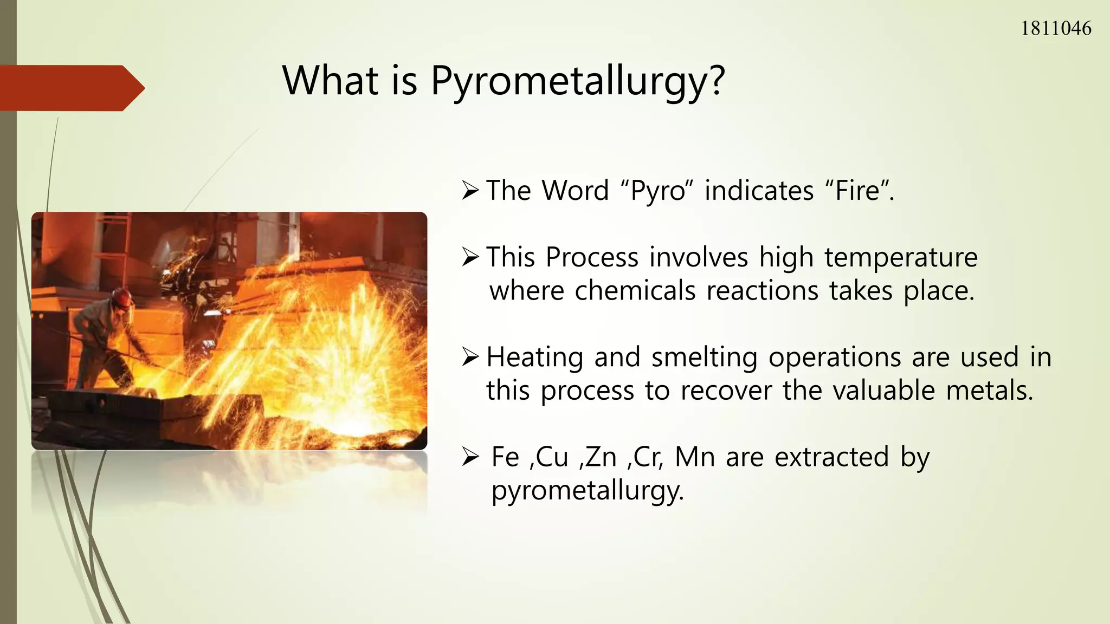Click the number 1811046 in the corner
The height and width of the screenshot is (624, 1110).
(x=1055, y=28)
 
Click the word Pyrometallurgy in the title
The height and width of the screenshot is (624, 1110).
(x=577, y=81)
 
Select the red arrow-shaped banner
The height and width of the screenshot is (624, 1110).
(x=70, y=88)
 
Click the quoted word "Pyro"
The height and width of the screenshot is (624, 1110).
(x=656, y=191)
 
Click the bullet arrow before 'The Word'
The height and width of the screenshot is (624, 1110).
(x=470, y=191)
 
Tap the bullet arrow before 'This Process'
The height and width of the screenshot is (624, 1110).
(x=470, y=257)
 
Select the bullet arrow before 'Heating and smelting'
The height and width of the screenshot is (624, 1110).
(x=470, y=357)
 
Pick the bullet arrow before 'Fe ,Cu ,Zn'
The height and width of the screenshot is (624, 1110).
(x=470, y=458)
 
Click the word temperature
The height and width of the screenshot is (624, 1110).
(x=900, y=257)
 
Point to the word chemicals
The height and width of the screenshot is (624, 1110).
(x=635, y=291)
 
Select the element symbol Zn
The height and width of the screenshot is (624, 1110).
(x=601, y=457)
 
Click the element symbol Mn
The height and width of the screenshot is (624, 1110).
(x=694, y=457)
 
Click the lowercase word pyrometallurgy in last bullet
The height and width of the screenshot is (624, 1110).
(x=587, y=491)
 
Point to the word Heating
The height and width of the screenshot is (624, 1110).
(x=534, y=357)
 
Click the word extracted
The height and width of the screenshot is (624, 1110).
(x=831, y=457)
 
